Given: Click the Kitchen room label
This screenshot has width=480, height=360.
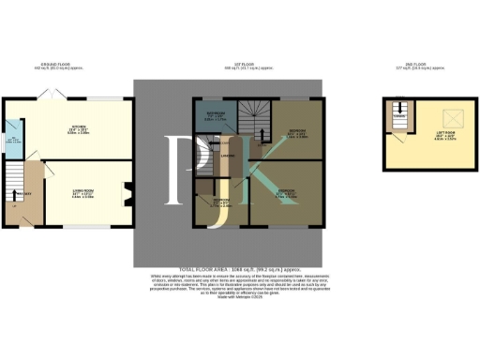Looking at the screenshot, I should click(79, 131).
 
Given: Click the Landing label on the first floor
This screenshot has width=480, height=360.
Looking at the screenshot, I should click(228, 157).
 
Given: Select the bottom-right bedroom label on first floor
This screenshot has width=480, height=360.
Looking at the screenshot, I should click(286, 196).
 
